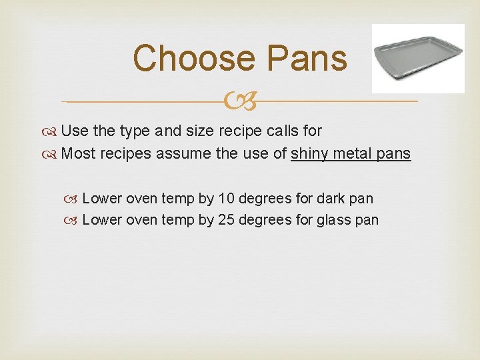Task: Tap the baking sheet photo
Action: (417, 58)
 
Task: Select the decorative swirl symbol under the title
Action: (240, 101)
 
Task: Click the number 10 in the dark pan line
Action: (227, 198)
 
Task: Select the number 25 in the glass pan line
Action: (227, 219)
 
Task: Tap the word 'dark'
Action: (332, 198)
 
